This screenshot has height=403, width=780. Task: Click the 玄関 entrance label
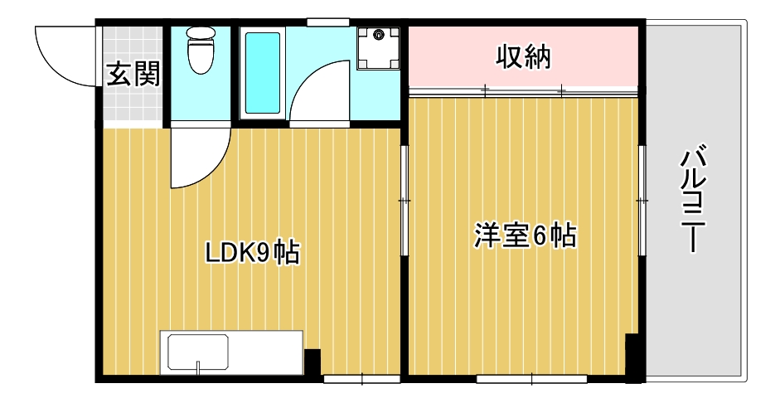click(x=133, y=75)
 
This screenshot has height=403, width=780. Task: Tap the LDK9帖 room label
click(x=252, y=251)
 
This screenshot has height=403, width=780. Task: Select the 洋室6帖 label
click(x=525, y=235)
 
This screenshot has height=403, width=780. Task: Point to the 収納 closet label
click(x=524, y=57)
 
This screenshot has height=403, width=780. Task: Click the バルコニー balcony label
click(x=695, y=200)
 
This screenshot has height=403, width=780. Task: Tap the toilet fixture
click(x=200, y=49)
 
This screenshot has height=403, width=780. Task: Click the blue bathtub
click(x=264, y=73)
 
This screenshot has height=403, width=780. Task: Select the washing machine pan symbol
click(x=380, y=48)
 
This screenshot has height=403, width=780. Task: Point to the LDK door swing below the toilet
click(x=199, y=158)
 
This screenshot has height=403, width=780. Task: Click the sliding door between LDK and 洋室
click(x=405, y=201)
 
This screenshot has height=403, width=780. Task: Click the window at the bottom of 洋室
click(x=531, y=380)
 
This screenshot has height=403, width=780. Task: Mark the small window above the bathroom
click(x=327, y=22)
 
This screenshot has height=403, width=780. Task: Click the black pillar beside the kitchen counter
click(x=312, y=362)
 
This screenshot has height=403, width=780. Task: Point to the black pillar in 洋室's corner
click(x=632, y=355)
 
